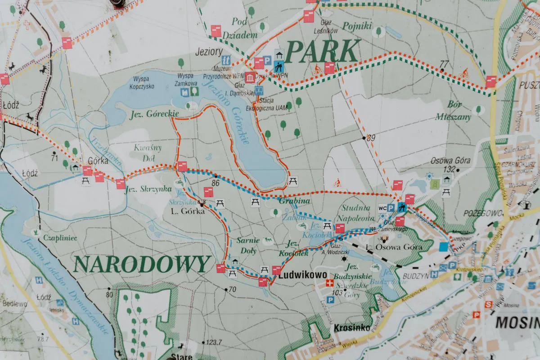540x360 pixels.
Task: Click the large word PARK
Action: coord(322,52)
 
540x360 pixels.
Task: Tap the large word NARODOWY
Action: coord(142,265)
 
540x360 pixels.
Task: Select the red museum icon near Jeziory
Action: coord(250,77)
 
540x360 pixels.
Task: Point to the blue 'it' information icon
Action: coord(226,60)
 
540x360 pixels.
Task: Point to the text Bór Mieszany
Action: coord(453,111)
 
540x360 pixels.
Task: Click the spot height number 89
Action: coord(370,138)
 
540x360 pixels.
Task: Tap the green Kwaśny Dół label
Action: coord(148,153)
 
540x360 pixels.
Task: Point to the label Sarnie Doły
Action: coord(248,244)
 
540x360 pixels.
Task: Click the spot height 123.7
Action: coord(214,342)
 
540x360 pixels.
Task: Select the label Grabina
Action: coord(294,201)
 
